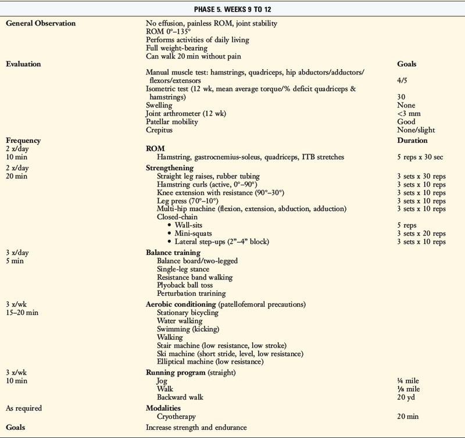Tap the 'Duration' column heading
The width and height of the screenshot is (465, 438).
412,140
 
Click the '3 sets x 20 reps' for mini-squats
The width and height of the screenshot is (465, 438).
421,233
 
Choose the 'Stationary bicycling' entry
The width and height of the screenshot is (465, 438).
187,313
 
